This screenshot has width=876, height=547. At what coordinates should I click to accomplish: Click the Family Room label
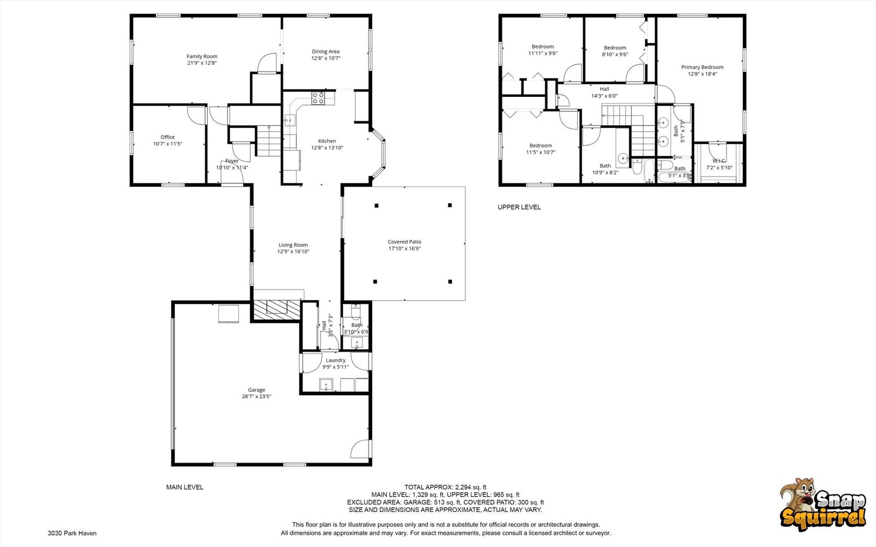point(202,57)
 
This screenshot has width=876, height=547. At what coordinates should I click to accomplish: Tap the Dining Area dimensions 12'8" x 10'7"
point(326,58)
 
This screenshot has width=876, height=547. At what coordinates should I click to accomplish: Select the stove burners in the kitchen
point(318,98)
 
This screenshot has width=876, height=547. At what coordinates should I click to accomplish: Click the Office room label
point(168,137)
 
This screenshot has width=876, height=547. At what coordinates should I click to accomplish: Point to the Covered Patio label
point(404,242)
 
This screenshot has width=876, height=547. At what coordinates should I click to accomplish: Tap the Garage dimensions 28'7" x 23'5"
point(256,397)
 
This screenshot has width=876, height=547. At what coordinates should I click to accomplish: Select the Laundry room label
point(335,361)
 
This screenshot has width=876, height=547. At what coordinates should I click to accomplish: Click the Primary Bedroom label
point(702,67)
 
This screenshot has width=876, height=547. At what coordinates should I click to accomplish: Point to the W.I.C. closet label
point(719,161)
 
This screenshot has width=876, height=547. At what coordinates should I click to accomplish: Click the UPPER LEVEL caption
point(519,207)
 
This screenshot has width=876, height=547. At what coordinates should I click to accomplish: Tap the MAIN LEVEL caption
point(184,487)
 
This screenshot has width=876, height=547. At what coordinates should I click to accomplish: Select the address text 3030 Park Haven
point(72,533)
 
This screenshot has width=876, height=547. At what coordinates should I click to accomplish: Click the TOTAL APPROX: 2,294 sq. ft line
point(445,487)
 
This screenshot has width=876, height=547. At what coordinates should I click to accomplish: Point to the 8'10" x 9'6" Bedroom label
point(615,51)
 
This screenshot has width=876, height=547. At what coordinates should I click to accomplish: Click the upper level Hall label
point(604,89)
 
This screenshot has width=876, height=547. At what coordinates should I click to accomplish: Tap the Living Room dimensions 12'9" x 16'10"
point(293,252)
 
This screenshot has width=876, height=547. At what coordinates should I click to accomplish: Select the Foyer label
point(232,161)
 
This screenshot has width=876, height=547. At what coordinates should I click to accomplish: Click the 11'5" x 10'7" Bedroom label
point(541,149)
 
